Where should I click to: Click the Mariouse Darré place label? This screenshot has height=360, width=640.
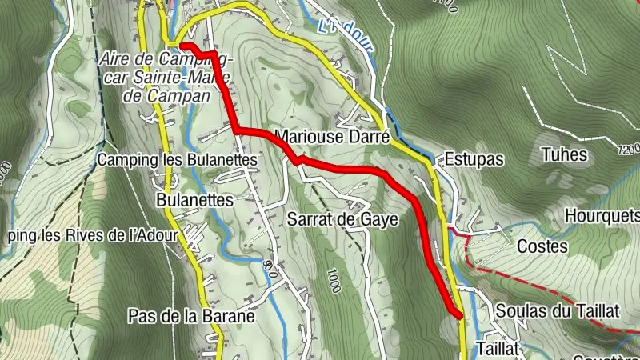331,136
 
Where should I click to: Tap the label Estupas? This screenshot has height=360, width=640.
474,159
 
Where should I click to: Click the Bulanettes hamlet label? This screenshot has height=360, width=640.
194,198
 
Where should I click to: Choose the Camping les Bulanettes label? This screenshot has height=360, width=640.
177,160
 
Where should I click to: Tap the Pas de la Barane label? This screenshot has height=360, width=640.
190,316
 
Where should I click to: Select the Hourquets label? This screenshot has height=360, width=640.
602,215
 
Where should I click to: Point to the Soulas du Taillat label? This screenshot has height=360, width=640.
558,311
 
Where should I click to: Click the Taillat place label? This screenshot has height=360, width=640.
498,348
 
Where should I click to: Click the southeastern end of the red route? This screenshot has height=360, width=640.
459,315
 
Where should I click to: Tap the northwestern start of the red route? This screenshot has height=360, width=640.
181,46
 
